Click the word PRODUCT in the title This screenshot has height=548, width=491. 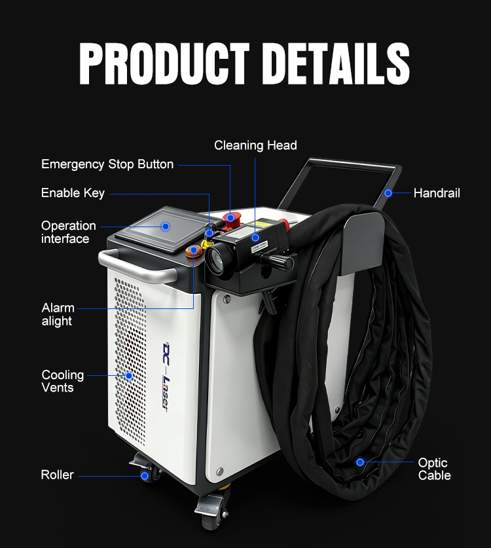pyautogui.click(x=164, y=64)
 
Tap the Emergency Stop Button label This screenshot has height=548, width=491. pyautogui.click(x=107, y=164)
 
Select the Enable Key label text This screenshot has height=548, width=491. pyautogui.click(x=73, y=193)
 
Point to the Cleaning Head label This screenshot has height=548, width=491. pyautogui.click(x=255, y=145)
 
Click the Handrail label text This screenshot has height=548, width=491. pyautogui.click(x=437, y=193)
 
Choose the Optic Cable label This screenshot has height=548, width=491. pyautogui.click(x=435, y=469)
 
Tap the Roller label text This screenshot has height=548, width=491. pyautogui.click(x=58, y=475)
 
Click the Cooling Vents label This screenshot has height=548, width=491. pyautogui.click(x=63, y=381)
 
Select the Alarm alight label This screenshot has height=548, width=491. pyautogui.click(x=58, y=314)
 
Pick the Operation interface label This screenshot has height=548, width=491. pyautogui.click(x=69, y=232)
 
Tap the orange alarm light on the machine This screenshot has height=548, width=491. pyautogui.click(x=193, y=251)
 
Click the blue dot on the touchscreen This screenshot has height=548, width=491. pyautogui.click(x=166, y=227)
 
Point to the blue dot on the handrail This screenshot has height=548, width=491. pyautogui.click(x=388, y=193)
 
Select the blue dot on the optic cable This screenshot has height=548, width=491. pyautogui.click(x=360, y=462)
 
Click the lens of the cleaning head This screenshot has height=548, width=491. pyautogui.click(x=216, y=259)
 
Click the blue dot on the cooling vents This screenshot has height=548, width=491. pyautogui.click(x=130, y=376)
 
